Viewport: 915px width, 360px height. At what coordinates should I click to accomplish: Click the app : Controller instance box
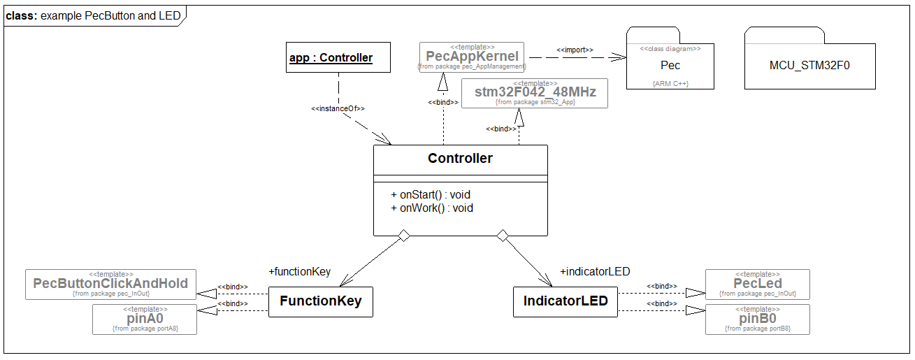pyautogui.click(x=331, y=57)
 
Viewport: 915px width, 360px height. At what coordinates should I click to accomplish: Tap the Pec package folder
pyautogui.click(x=670, y=65)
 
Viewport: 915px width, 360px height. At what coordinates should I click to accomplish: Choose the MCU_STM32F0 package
pyautogui.click(x=809, y=66)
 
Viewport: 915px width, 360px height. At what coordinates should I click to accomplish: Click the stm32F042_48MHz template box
pyautogui.click(x=535, y=93)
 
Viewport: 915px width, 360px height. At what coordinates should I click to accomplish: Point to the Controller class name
pyautogui.click(x=460, y=159)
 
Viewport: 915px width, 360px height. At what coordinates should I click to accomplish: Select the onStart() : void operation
pyautogui.click(x=431, y=194)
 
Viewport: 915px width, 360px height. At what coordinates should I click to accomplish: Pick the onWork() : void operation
pyautogui.click(x=432, y=208)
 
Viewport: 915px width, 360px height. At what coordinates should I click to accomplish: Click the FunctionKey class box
pyautogui.click(x=321, y=301)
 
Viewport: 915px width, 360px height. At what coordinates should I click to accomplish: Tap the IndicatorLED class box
pyautogui.click(x=565, y=301)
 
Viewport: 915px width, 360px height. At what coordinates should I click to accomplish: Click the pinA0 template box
pyautogui.click(x=145, y=319)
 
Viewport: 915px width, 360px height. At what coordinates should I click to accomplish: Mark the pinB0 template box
pyautogui.click(x=757, y=319)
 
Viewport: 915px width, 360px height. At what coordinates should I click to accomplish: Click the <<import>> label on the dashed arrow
pyautogui.click(x=575, y=50)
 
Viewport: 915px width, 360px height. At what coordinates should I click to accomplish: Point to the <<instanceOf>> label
pyautogui.click(x=338, y=109)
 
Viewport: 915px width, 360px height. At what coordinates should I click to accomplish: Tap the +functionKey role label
pyautogui.click(x=299, y=272)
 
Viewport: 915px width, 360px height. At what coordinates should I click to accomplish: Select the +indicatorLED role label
pyautogui.click(x=596, y=272)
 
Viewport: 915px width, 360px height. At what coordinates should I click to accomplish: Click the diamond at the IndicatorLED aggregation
pyautogui.click(x=502, y=236)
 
